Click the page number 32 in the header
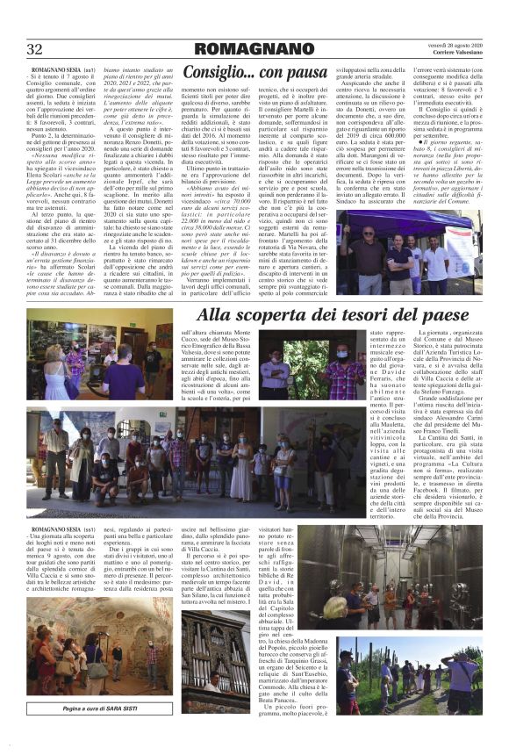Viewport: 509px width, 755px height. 35,47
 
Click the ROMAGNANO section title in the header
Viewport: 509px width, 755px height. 254,47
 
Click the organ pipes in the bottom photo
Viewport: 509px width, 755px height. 215,650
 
